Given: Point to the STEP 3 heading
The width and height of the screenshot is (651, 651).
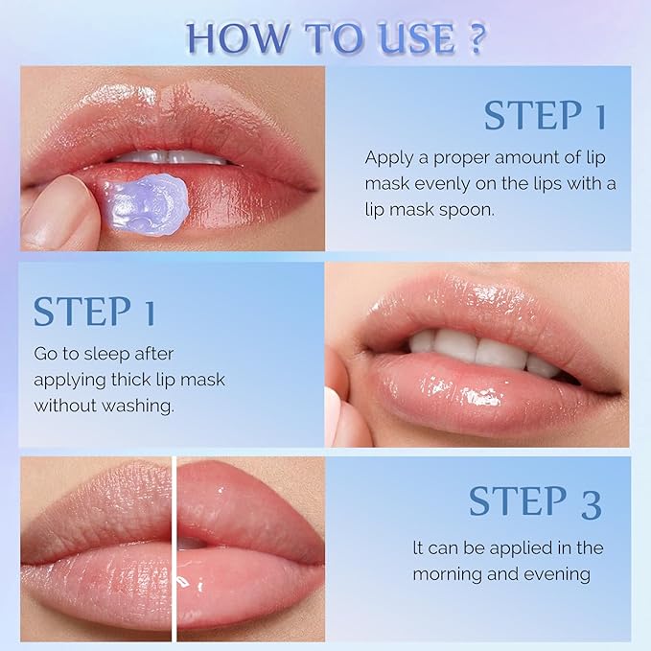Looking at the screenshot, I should pyautogui.click(x=535, y=502).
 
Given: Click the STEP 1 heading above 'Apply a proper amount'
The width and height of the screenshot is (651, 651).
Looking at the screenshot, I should pyautogui.click(x=545, y=115).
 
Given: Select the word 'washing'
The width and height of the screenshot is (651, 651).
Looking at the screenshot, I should pyautogui.click(x=137, y=405).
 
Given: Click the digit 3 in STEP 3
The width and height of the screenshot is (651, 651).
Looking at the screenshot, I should pyautogui.click(x=589, y=502).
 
